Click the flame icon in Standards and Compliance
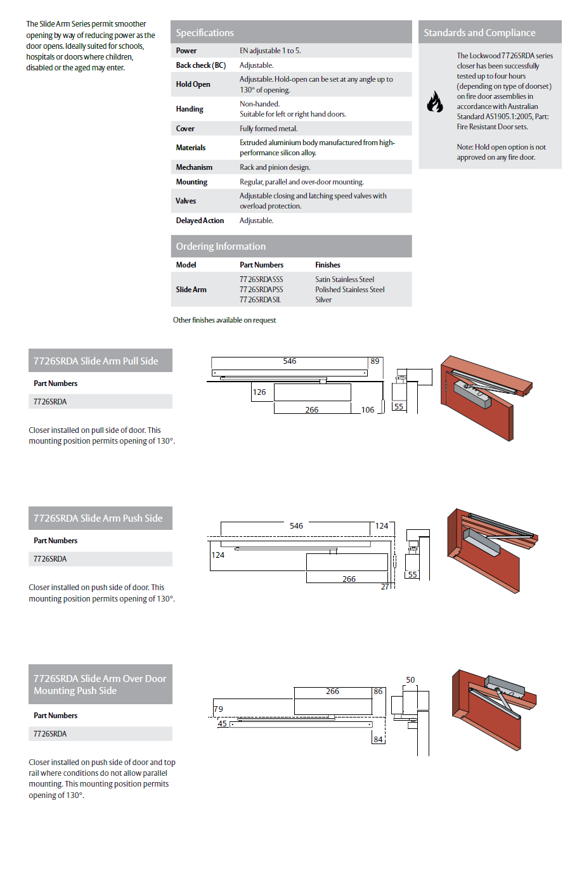[434, 101]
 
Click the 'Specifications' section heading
[205, 33]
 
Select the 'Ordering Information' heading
[221, 247]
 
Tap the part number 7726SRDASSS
[261, 280]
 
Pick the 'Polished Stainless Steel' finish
[350, 290]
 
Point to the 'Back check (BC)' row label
[200, 65]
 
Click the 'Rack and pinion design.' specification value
[275, 167]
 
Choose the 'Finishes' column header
[328, 265]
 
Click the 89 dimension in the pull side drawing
[375, 361]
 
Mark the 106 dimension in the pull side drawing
[368, 410]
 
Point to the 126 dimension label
[259, 392]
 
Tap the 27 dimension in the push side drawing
[385, 587]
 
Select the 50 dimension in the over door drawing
[410, 680]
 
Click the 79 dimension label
[218, 709]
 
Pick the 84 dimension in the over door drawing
[378, 739]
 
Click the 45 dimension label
[222, 724]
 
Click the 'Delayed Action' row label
[200, 221]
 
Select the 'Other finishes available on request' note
[224, 320]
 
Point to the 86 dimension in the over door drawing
[378, 692]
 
